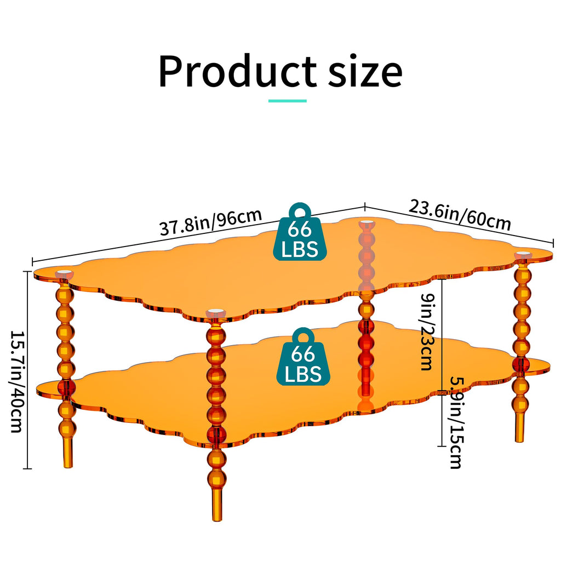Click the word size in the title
pos(365,72)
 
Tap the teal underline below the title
pos(287,101)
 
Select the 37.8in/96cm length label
pos(211,222)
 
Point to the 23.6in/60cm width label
pos(460,215)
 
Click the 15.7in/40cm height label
pos(17,381)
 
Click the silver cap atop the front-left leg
pos(65,274)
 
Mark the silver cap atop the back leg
pos(365,224)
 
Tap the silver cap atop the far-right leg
pos(523,255)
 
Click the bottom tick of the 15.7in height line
pos(27,468)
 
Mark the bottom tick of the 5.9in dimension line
pos(442,446)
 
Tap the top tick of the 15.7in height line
pos(27,272)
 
